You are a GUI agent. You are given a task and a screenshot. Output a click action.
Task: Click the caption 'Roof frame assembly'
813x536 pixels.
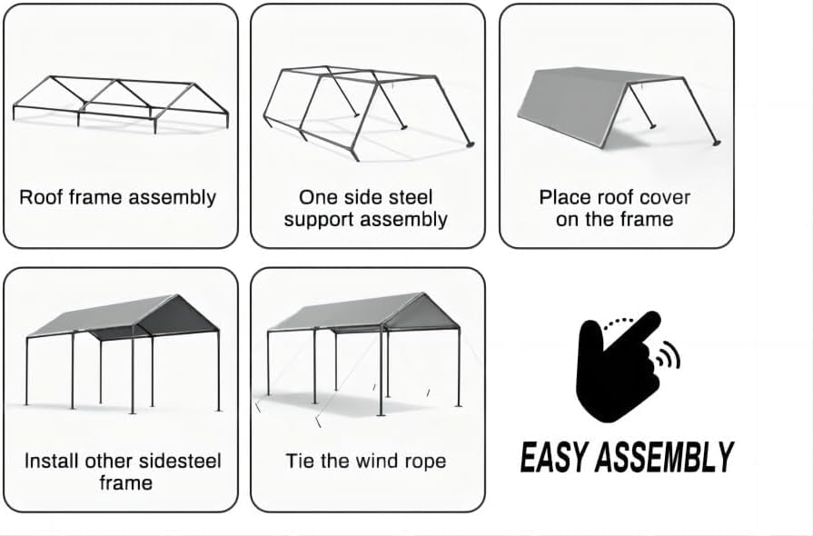tap(118, 197)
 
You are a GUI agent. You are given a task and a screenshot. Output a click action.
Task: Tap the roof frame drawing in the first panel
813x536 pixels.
tap(120, 99)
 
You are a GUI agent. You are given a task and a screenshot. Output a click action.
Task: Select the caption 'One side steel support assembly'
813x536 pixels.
tap(366, 208)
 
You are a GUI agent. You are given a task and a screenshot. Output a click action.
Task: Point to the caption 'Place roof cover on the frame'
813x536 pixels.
tap(615, 208)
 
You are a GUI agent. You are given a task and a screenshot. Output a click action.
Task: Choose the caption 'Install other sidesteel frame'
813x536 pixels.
tap(124, 471)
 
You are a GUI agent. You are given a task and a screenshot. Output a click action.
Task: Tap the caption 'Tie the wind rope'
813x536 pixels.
tap(366, 461)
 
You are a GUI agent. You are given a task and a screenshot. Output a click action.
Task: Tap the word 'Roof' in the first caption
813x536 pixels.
tap(40, 197)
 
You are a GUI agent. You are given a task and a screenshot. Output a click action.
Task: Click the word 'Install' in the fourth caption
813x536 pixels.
tap(51, 461)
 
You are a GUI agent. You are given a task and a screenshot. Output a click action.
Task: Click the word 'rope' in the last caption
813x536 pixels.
tap(425, 462)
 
